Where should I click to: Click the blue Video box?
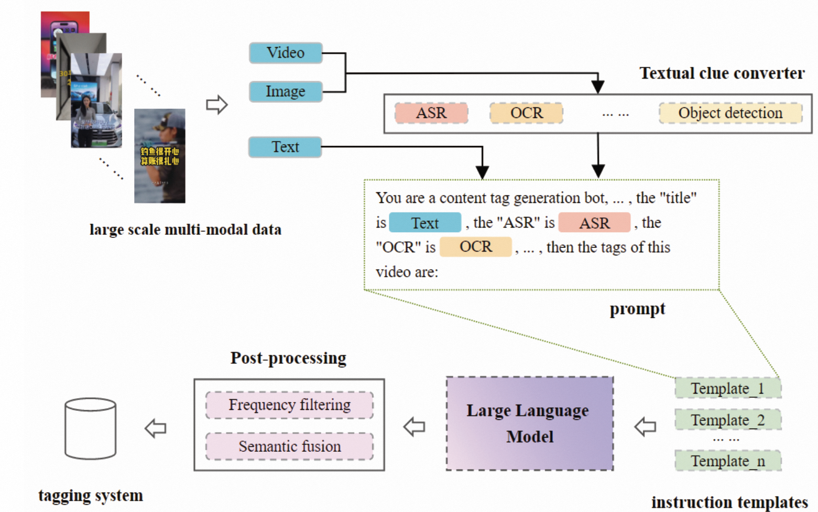286,53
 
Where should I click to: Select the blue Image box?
286,92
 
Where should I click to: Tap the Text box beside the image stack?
285,147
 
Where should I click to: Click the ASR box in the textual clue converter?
431,113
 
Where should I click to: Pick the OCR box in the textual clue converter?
526,113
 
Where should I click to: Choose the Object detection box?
730,113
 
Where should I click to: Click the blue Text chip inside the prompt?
425,223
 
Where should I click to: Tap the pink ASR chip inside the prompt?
594,223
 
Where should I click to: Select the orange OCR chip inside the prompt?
475,247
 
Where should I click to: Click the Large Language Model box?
529,423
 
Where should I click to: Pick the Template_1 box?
727,388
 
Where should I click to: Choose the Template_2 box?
727,420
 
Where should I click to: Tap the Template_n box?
727,461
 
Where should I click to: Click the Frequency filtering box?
289,405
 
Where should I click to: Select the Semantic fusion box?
289,446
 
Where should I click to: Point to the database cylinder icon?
90,429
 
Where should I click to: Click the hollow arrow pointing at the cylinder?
156,428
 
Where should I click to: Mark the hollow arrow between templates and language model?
645,427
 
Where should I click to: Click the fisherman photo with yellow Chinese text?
160,156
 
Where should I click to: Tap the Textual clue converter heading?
722,73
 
